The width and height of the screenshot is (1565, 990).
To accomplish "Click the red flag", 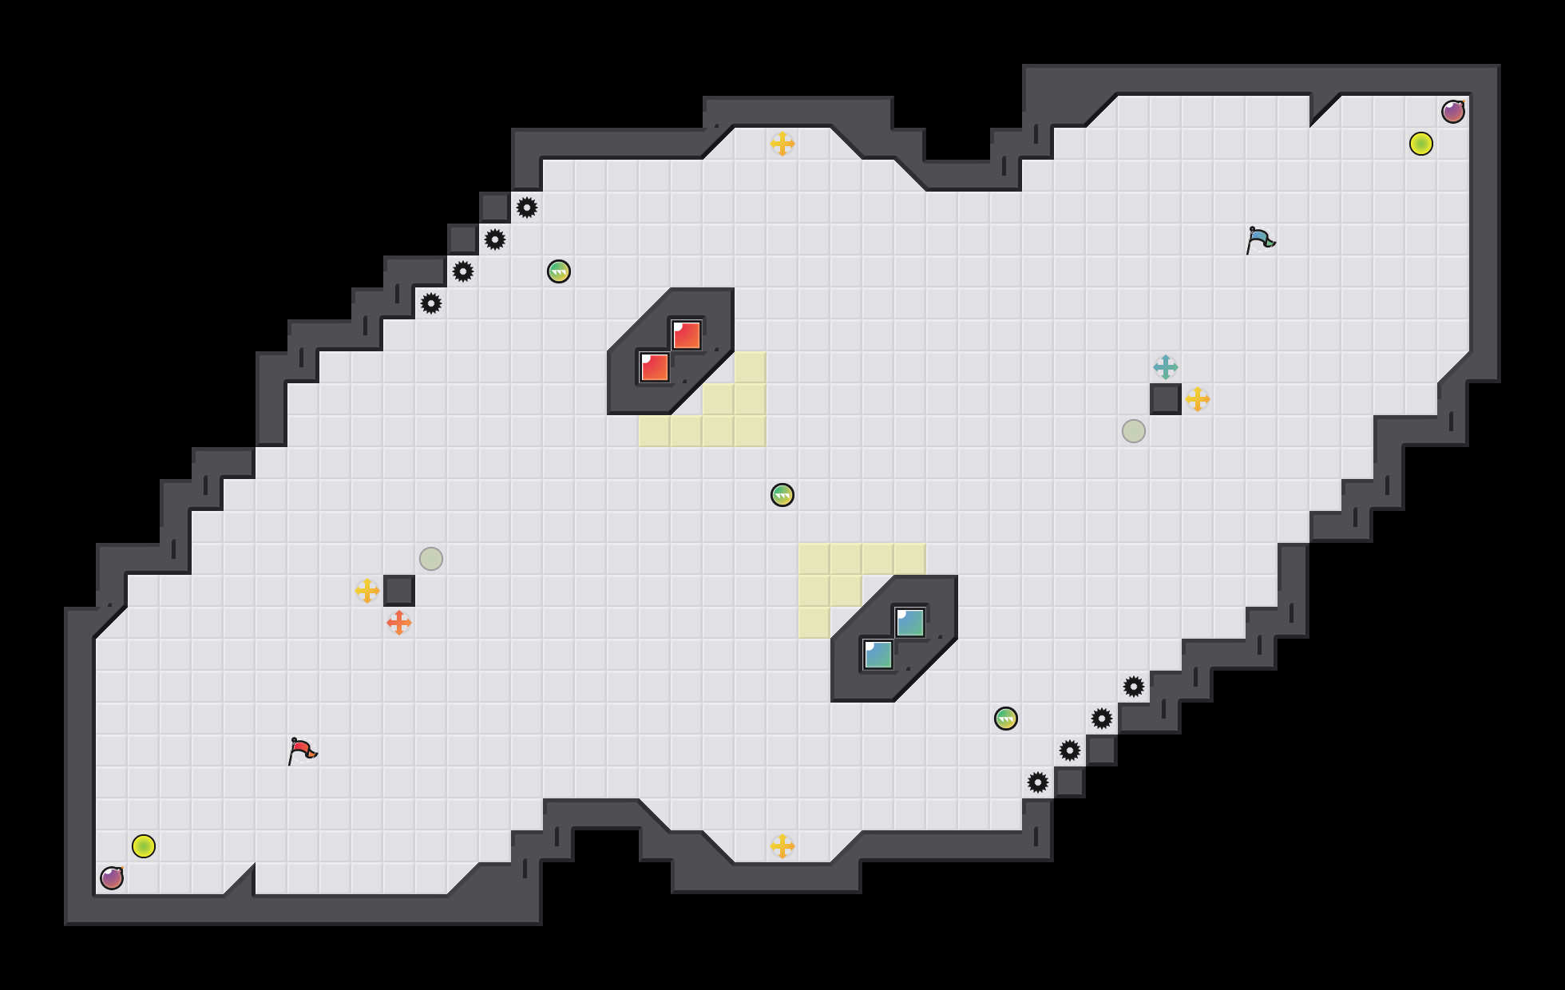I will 301,750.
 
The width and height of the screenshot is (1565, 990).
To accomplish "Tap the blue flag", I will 1259,240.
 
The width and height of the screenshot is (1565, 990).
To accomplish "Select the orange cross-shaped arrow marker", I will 399,623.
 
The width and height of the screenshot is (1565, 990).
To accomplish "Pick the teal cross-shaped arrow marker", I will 1166,367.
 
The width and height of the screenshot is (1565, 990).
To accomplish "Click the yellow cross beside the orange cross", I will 367,591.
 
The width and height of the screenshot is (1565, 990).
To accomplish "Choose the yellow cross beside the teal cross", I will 1198,399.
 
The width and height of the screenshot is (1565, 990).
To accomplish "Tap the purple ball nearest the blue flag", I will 1453,112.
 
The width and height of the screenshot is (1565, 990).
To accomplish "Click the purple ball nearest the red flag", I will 112,878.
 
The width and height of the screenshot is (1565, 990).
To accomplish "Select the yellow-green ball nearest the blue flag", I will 1421,144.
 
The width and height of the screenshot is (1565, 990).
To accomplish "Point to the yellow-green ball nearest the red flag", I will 144,846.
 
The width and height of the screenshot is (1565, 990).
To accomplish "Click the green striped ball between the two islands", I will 782,495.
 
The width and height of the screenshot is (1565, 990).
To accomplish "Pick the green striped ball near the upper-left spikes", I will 559,271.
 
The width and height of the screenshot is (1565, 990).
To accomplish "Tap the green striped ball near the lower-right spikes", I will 1006,719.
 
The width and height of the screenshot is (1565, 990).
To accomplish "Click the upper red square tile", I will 687,335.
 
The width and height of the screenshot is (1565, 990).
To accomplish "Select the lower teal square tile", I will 878,655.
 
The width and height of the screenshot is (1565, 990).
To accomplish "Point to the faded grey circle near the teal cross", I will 1134,431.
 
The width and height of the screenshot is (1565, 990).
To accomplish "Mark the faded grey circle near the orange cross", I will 431,559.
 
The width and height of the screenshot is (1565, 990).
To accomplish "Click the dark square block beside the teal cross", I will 1166,399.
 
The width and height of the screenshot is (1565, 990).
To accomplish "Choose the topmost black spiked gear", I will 527,208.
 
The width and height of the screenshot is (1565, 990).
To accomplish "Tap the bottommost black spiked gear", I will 1038,782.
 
